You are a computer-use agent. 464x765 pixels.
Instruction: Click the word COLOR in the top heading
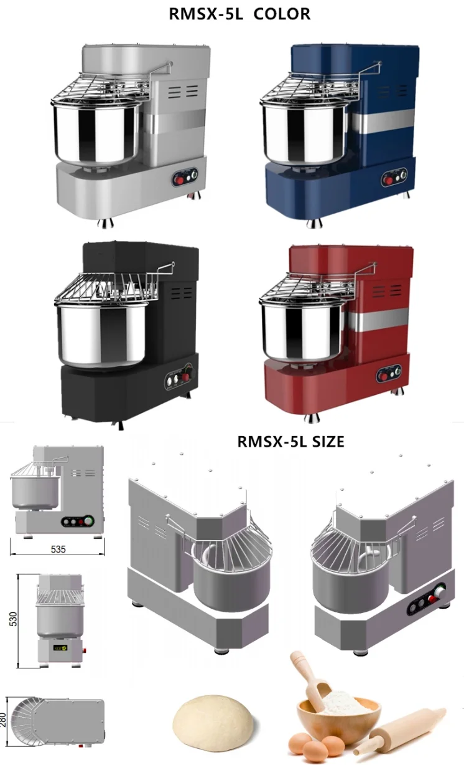[x=282, y=14]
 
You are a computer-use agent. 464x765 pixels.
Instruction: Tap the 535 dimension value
[x=58, y=549]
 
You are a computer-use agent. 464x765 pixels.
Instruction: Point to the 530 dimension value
[x=12, y=619]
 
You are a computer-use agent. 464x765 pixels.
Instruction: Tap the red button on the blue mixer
[x=388, y=181]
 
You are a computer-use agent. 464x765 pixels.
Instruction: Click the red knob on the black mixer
[x=185, y=377]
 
